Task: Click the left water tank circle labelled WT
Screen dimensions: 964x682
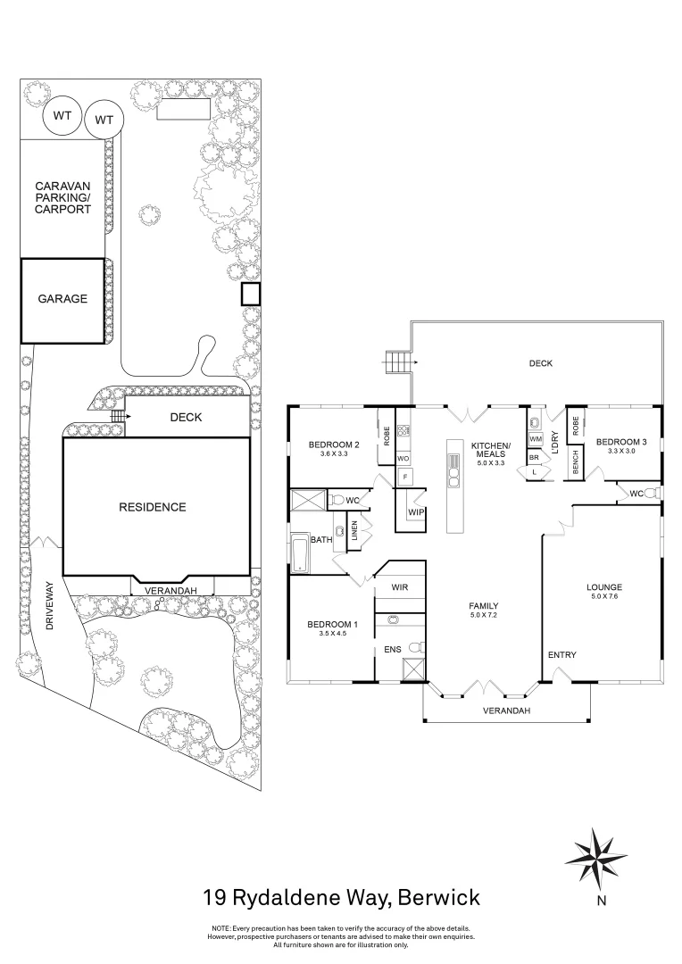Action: coord(62,116)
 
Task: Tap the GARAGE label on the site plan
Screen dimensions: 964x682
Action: coord(62,299)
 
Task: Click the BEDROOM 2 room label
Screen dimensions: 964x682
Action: coord(333,445)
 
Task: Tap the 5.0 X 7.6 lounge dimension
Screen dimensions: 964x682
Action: coord(603,597)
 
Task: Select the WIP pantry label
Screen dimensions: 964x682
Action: coord(415,513)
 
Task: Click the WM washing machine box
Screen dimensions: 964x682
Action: coord(536,439)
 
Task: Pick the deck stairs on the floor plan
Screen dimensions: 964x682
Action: coord(397,362)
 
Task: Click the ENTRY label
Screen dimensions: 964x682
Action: coord(562,655)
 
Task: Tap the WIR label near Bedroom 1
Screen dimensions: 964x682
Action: coord(400,587)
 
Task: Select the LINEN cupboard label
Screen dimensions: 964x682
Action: coord(354,529)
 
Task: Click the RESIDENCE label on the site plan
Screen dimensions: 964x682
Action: coord(153,507)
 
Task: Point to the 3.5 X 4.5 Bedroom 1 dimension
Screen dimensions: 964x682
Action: coord(332,635)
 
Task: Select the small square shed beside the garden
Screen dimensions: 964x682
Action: coord(250,294)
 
